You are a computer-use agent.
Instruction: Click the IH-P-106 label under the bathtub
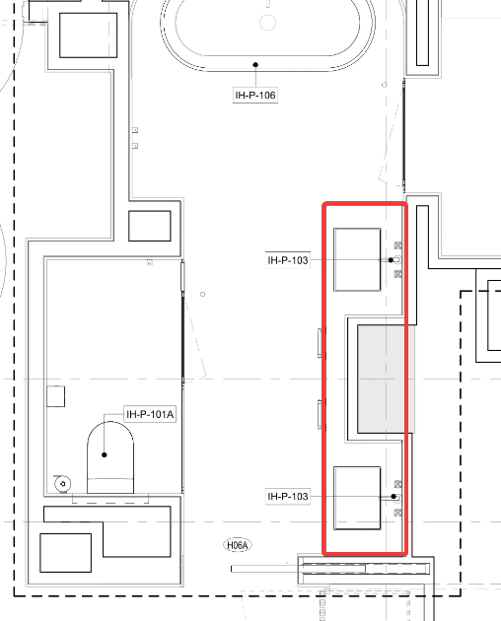[255, 95]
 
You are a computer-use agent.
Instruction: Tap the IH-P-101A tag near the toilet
[150, 414]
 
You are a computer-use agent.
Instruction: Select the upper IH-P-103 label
[288, 260]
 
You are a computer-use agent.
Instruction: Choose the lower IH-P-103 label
[288, 496]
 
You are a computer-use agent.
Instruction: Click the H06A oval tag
[238, 545]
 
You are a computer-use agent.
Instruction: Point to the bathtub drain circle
[267, 22]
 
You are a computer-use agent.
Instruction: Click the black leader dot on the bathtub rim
[255, 64]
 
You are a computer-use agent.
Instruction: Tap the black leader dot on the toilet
[105, 454]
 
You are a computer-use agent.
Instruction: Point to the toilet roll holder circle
[63, 484]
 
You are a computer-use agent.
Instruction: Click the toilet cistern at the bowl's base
[110, 486]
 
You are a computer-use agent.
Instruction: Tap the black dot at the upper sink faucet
[391, 260]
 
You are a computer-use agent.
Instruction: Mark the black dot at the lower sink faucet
[394, 496]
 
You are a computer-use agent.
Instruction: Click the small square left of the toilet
[56, 396]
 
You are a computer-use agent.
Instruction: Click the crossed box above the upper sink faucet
[398, 245]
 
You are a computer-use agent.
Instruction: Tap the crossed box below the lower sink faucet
[398, 513]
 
